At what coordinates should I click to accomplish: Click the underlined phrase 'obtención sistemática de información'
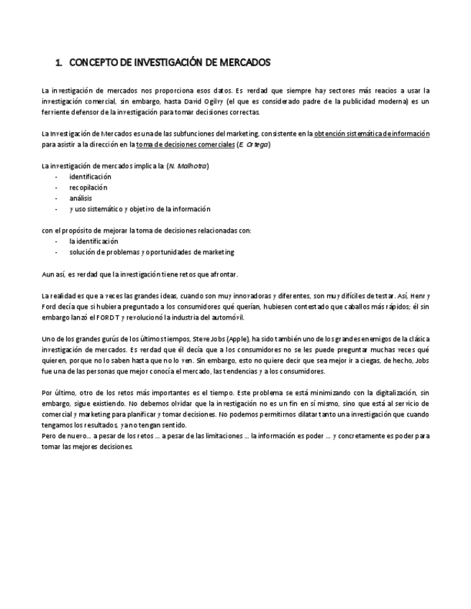point(372,134)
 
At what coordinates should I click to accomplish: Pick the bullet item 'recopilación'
point(88,187)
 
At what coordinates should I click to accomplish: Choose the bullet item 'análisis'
point(81,198)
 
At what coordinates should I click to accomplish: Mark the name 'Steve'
point(204,338)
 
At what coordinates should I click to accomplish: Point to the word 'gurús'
point(112,338)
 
